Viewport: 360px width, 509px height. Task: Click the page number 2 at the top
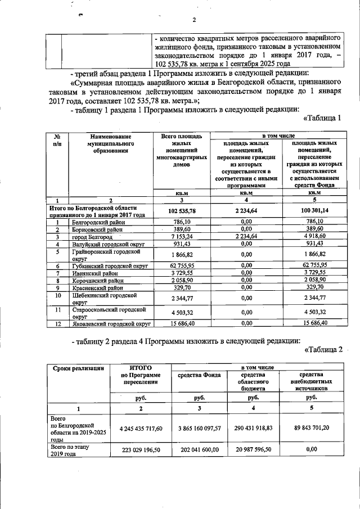193,21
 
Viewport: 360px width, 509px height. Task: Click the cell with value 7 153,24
181,237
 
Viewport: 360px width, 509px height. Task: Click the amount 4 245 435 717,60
141,429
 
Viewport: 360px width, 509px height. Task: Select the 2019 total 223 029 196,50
141,451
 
